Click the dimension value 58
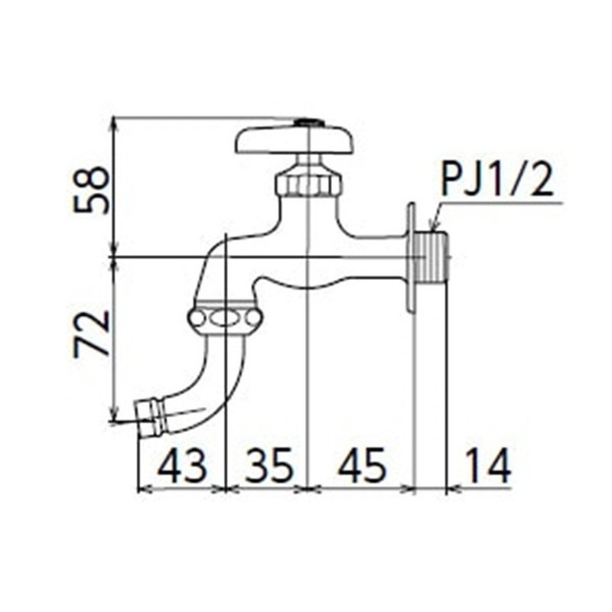pos(92,190)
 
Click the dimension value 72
pos(92,334)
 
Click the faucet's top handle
pos(295,142)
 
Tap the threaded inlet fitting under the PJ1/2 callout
pos(432,258)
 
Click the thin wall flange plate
pos(412,258)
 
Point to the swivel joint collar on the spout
pos(226,317)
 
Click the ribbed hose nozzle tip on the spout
pos(151,417)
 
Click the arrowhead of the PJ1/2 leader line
pos(433,226)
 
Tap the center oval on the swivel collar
pos(226,318)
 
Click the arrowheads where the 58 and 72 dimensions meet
pos(113,257)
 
